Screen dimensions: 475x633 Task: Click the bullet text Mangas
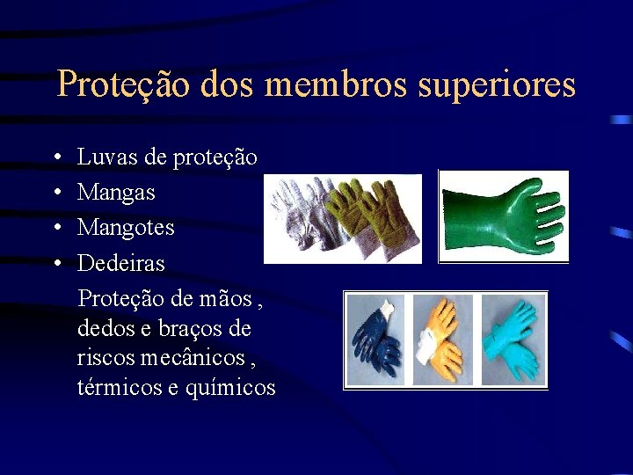[116, 193]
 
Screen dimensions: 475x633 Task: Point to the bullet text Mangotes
[126, 228]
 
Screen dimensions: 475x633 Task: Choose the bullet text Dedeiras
[121, 263]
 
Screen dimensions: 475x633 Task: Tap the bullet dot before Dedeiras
[55, 264]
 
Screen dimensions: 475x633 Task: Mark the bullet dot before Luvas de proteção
[55, 158]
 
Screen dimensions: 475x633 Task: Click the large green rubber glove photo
[504, 216]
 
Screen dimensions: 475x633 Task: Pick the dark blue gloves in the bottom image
[375, 340]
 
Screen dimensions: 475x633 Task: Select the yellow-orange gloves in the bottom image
[442, 338]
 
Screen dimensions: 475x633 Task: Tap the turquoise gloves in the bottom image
[513, 340]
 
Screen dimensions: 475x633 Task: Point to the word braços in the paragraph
[195, 329]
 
